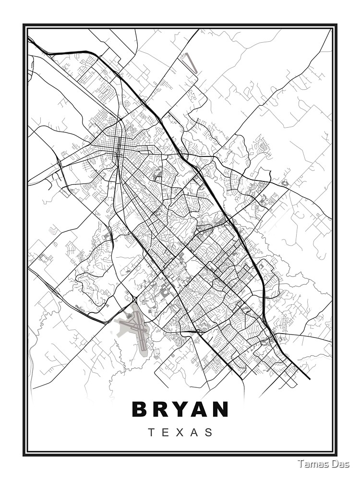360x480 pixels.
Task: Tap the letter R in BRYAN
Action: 162,409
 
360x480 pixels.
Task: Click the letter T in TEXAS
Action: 151,432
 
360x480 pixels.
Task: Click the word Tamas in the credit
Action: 311,464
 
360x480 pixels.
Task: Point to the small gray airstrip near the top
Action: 190,63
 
